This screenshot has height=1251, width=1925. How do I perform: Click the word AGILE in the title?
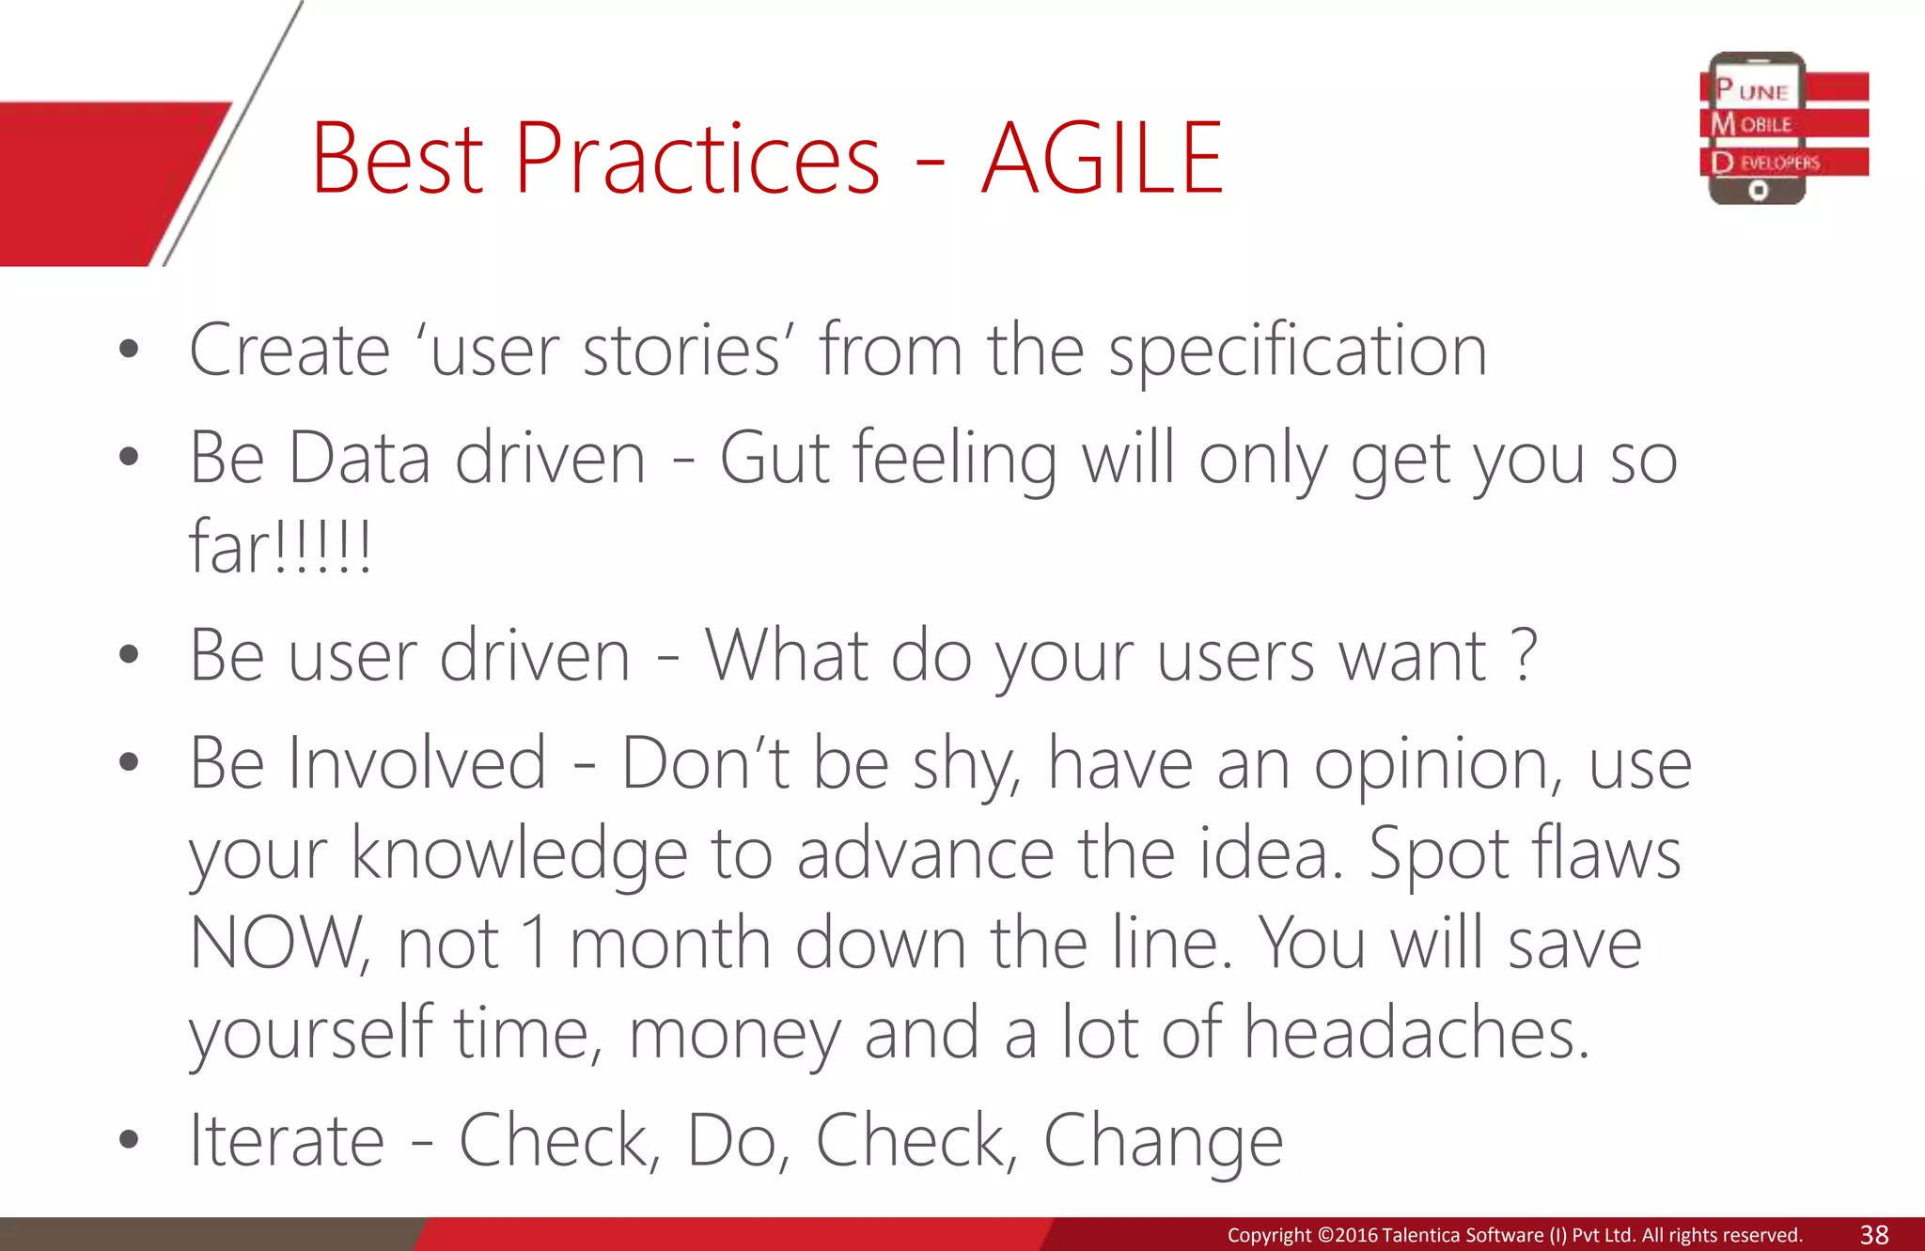[x=1102, y=160]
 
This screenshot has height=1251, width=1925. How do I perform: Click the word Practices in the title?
[x=696, y=160]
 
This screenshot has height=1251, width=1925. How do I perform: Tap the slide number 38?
[x=1874, y=1235]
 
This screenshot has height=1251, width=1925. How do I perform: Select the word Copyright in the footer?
[x=1269, y=1235]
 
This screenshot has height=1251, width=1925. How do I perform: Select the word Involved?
[x=416, y=763]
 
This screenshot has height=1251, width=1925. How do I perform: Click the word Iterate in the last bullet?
[x=287, y=1141]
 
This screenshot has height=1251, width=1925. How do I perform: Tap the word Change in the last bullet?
[x=1163, y=1141]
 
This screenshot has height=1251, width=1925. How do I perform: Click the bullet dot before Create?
[x=129, y=351]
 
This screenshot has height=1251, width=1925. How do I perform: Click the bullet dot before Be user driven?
[x=129, y=655]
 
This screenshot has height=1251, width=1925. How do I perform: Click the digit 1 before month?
[x=536, y=943]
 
